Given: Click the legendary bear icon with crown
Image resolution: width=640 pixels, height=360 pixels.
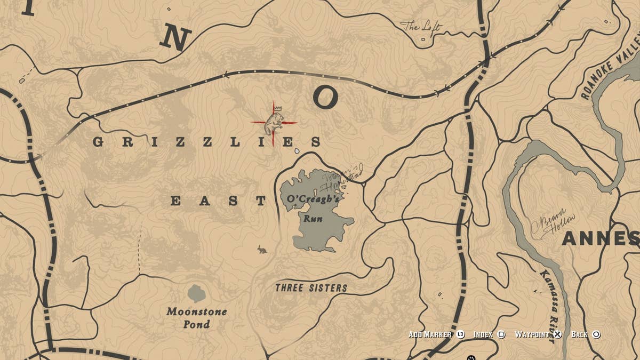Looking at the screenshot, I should tap(274, 122).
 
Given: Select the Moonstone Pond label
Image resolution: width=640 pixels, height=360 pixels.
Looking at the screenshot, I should tap(196, 318).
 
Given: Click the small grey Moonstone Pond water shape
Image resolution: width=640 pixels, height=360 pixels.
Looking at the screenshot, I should tap(196, 293).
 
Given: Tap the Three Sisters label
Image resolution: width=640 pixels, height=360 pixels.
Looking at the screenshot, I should tap(311, 288).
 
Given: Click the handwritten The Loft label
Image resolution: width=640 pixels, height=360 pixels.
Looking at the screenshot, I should tap(420, 26).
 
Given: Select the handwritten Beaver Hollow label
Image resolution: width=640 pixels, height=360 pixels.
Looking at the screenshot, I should tap(558, 224).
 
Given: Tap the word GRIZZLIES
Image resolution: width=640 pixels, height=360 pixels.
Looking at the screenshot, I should tap(207, 142).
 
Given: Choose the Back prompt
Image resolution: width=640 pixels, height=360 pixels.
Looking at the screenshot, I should tap(586, 334).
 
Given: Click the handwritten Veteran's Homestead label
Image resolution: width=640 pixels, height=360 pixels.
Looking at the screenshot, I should tap(341, 180).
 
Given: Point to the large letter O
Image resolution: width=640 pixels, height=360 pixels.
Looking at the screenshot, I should tap(325, 98).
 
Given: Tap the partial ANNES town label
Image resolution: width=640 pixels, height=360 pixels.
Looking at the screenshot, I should tap(600, 238).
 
